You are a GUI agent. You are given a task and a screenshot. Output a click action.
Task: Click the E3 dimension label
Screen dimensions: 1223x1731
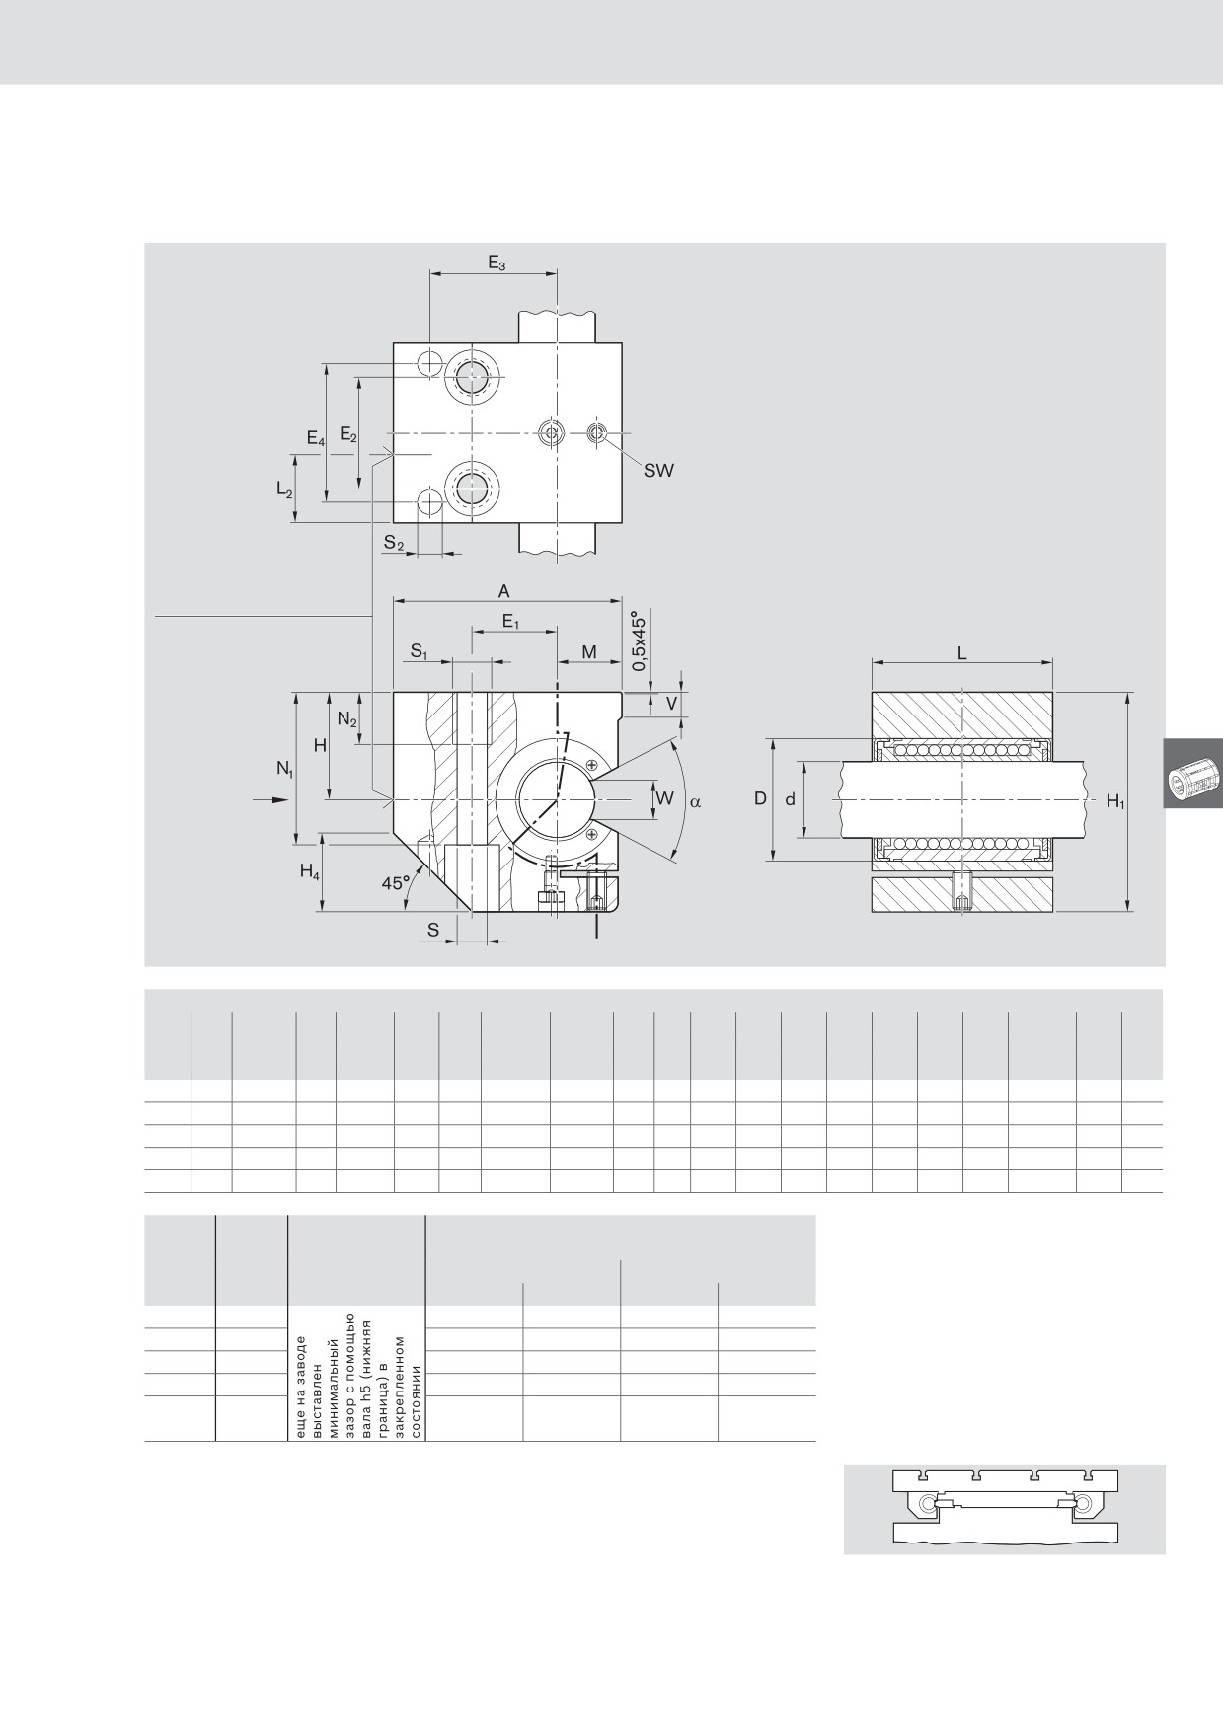497,263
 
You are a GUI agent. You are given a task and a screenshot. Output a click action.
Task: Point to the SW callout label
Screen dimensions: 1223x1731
658,471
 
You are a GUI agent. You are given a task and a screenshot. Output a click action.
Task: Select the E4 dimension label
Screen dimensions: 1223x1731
315,439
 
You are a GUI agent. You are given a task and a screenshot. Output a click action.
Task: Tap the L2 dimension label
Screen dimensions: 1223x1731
284,489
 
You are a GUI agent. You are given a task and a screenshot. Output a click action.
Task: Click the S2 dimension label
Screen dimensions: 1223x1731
394,543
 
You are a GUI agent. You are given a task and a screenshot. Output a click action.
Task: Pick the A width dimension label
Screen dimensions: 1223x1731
503,591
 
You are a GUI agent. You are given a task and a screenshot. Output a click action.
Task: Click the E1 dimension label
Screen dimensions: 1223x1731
510,622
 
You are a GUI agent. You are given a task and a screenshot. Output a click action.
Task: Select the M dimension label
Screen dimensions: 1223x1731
589,652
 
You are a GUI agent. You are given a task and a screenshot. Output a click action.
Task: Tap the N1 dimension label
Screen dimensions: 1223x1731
284,769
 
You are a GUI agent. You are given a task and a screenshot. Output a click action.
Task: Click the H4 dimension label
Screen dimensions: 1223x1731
310,872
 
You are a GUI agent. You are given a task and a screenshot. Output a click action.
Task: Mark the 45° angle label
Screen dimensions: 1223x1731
396,883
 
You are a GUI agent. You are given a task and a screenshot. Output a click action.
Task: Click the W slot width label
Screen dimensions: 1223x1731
664,798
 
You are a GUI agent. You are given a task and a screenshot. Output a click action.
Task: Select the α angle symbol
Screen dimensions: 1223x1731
695,802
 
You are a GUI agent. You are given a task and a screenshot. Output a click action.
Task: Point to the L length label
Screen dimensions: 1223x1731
962,653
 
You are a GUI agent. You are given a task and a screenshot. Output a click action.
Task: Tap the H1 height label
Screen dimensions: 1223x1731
1115,802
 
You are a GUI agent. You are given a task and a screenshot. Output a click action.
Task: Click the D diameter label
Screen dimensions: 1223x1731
760,798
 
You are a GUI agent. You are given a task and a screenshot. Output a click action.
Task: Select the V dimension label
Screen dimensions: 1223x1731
672,704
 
